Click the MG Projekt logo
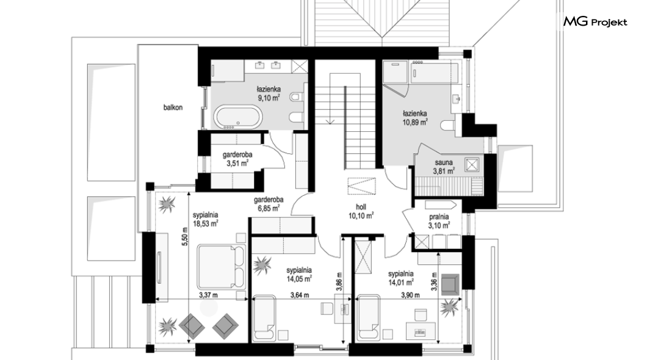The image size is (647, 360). pos(595,21)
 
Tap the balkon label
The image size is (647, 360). pos(173,107)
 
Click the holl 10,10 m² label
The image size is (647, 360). pos(361,212)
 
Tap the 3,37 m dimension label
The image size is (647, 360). pos(208,295)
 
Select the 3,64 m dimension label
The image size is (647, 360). pos(299,295)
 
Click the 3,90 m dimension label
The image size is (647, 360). pos(410,295)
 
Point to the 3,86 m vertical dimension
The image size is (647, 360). pos(339,282)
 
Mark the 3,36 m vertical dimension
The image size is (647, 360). pos(433,281)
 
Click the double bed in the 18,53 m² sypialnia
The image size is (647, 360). pos(221,267)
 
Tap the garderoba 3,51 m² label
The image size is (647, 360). pos(237,159)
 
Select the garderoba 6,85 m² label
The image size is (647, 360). pos(267,204)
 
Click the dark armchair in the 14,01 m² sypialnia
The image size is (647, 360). pos(450,284)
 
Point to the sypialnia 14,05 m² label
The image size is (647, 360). pos(298,274)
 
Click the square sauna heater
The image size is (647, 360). pos(472,165)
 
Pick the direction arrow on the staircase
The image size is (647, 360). pos(330,121)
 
